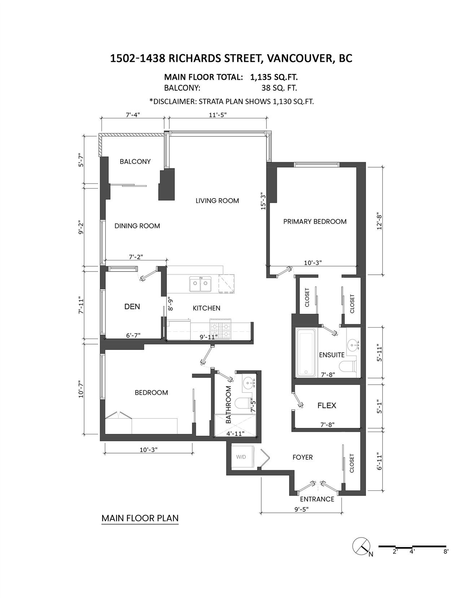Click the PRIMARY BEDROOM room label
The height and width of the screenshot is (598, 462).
(x=315, y=221)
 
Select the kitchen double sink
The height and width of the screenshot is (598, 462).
(x=200, y=284)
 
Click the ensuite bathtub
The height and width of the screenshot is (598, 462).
(x=307, y=352)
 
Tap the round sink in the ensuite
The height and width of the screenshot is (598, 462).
(x=354, y=344)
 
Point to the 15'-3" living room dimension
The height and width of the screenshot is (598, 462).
(x=263, y=201)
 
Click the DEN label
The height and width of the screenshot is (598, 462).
(x=132, y=307)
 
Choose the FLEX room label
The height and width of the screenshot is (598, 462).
(x=327, y=406)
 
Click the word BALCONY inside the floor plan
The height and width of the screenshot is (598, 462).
(x=135, y=161)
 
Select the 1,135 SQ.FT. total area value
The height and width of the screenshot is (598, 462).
(x=274, y=77)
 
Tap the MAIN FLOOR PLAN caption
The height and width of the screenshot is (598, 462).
(x=140, y=518)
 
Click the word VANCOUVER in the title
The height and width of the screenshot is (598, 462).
(x=298, y=58)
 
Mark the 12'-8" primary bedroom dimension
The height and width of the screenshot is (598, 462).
(x=379, y=221)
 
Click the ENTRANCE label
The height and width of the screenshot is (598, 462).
(x=317, y=499)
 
